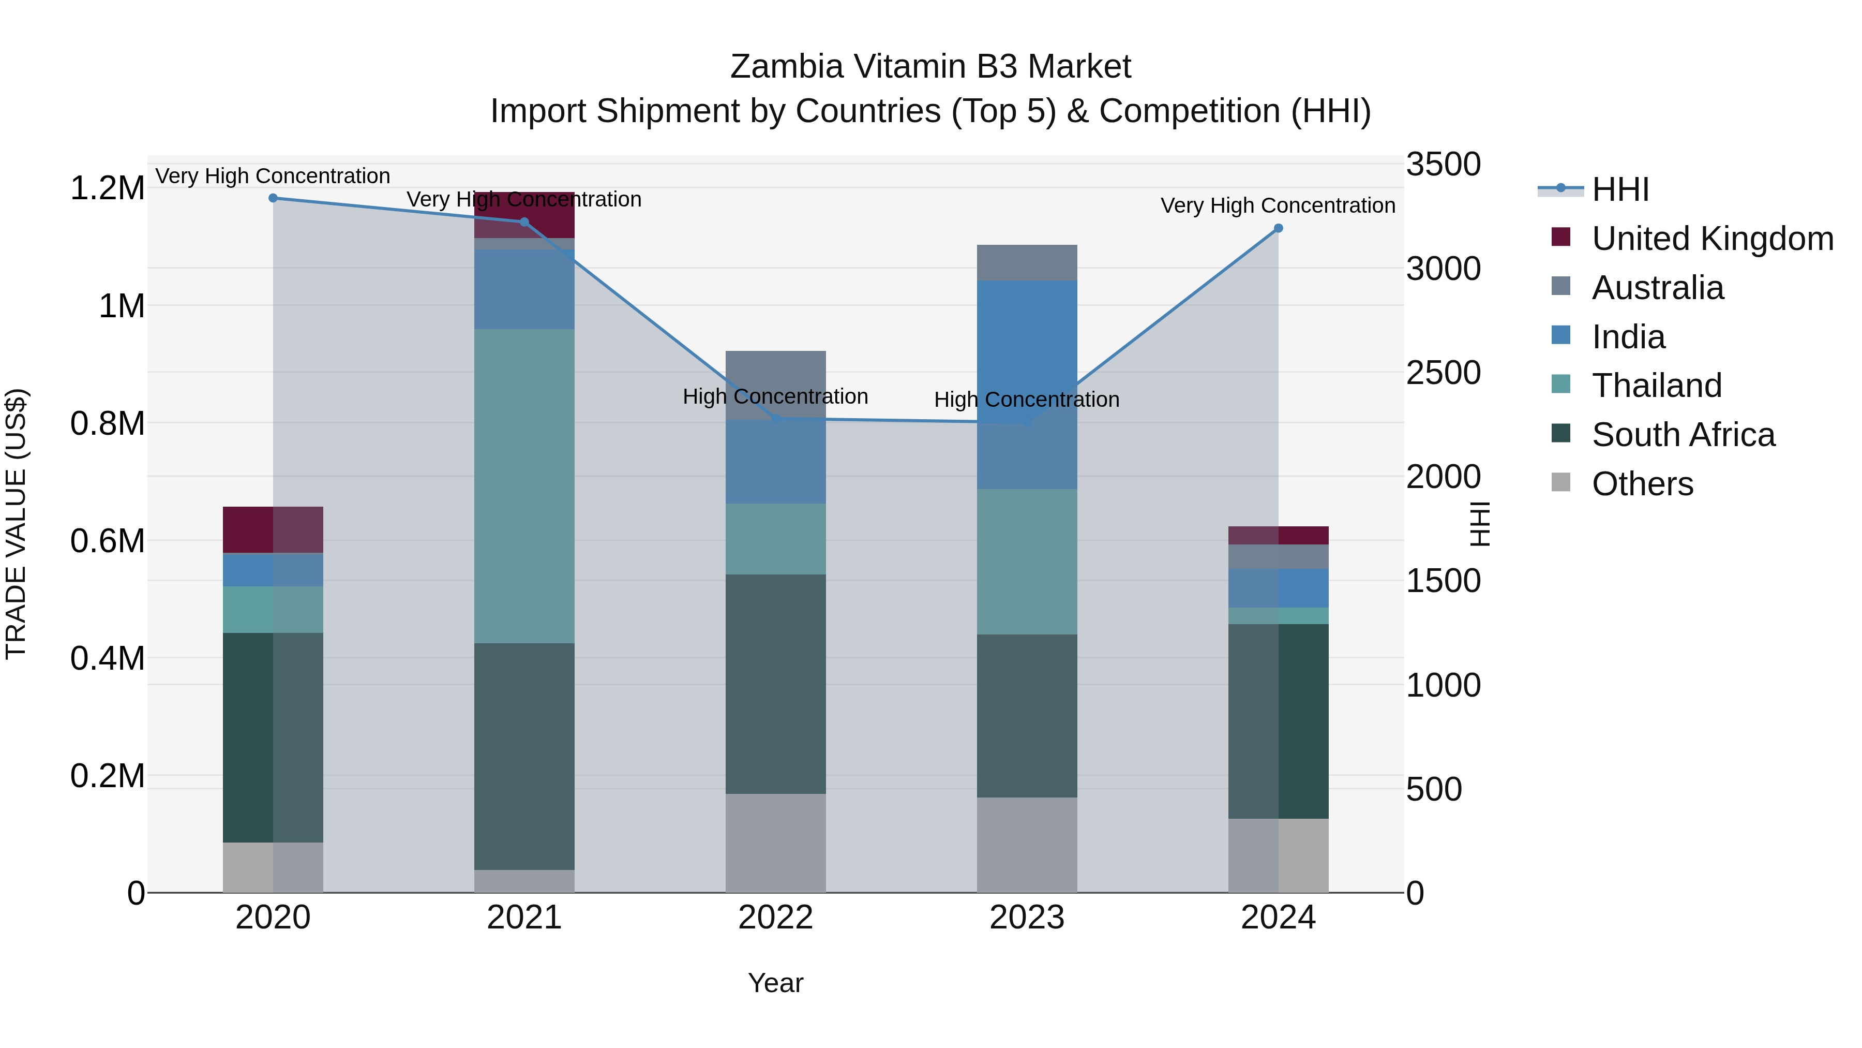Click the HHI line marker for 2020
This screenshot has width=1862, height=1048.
pyautogui.click(x=273, y=198)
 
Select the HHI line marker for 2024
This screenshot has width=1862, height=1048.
pyautogui.click(x=1278, y=229)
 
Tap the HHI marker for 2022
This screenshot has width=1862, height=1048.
pyautogui.click(x=776, y=419)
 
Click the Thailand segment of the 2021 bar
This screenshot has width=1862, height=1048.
pyautogui.click(x=524, y=486)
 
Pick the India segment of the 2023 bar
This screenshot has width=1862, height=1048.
pyautogui.click(x=1027, y=384)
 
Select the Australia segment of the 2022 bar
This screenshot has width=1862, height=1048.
pyautogui.click(x=776, y=385)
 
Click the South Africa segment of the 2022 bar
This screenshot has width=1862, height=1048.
pyautogui.click(x=776, y=684)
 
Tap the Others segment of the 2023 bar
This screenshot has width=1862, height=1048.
pyautogui.click(x=1027, y=845)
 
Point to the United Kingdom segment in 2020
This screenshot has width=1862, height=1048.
pyautogui.click(x=273, y=529)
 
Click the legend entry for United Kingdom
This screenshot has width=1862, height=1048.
pyautogui.click(x=1711, y=239)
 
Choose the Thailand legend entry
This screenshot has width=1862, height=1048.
pyautogui.click(x=1656, y=386)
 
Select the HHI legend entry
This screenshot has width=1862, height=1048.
pyautogui.click(x=1620, y=189)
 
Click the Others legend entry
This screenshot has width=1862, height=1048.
pyautogui.click(x=1642, y=484)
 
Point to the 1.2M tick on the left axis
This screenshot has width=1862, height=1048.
pyautogui.click(x=107, y=188)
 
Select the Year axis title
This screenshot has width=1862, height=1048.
pyautogui.click(x=776, y=983)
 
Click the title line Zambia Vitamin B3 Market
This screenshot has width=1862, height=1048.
pyautogui.click(x=930, y=67)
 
